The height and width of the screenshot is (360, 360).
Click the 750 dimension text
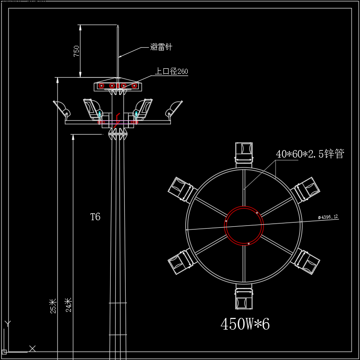click(x=77, y=51)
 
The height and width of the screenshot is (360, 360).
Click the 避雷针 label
click(x=161, y=47)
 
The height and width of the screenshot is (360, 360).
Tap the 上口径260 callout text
click(x=171, y=71)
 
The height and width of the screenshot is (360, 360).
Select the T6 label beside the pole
click(x=95, y=217)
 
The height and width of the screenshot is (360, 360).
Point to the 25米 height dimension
click(x=53, y=306)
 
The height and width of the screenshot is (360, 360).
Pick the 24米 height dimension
click(x=69, y=305)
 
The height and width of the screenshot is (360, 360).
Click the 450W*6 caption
click(x=245, y=324)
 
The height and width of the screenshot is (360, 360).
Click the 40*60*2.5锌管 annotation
click(x=310, y=153)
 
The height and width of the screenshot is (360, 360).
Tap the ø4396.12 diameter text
click(x=328, y=217)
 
